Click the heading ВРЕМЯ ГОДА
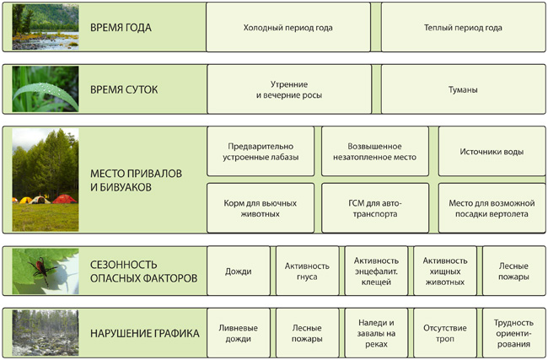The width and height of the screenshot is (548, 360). pos(121,28)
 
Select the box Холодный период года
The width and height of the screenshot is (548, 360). pos(288,27)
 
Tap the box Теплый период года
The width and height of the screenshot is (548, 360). pos(463,27)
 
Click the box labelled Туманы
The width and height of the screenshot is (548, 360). pos(463,89)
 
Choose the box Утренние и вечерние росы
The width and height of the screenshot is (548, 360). pos(289,89)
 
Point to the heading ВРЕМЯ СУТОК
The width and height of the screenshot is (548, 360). pos(124,89)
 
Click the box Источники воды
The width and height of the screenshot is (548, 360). pos(492,152)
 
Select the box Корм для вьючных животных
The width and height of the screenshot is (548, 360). pos(261,208)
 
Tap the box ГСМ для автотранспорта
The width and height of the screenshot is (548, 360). pos(375,208)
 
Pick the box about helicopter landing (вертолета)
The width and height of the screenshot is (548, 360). pos(492,208)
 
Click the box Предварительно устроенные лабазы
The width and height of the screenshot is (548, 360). pos(261,152)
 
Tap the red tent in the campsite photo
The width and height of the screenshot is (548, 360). pos(64,199)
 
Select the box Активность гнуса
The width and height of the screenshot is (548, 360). pos(307,271)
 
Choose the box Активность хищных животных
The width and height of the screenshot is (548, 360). pos(445,271)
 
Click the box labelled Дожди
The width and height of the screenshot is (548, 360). pos(239,271)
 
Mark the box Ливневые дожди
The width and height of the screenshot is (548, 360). pos(239,333)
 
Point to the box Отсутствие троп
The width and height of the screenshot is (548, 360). pos(445,333)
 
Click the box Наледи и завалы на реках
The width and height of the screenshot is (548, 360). pos(376,333)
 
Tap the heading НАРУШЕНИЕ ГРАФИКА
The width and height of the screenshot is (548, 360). pos(145,333)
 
